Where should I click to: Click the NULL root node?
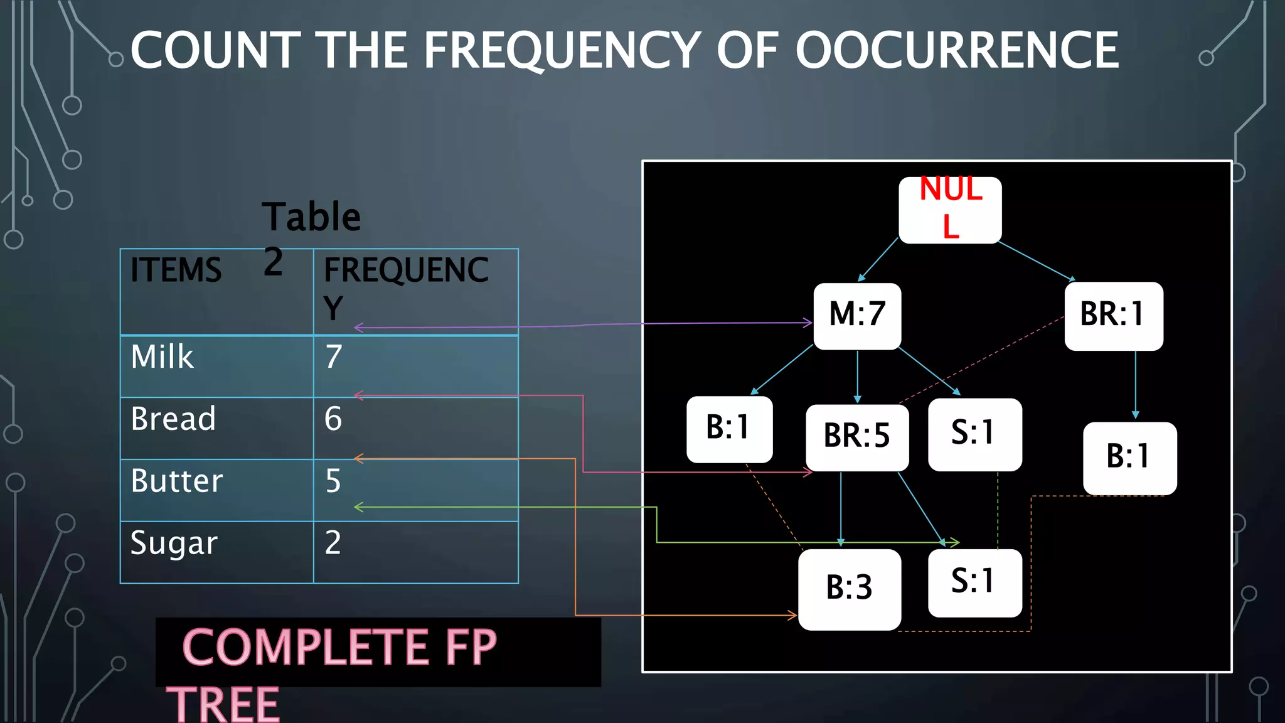[950, 210]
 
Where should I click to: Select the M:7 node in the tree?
[857, 316]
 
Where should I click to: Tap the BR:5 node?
[857, 437]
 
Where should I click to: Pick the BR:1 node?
[1113, 316]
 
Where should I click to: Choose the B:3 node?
[850, 589]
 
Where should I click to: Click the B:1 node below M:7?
[729, 429]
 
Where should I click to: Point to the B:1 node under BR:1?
[1129, 458]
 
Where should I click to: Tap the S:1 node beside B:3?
[974, 582]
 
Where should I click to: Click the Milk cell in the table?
[163, 357]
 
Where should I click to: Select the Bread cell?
[173, 419]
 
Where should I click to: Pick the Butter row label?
[177, 481]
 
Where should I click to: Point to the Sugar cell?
[174, 543]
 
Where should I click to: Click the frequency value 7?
[334, 357]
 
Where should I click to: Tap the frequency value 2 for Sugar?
[333, 543]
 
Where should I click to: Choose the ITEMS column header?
[176, 270]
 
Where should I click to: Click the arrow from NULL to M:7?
[878, 259]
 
